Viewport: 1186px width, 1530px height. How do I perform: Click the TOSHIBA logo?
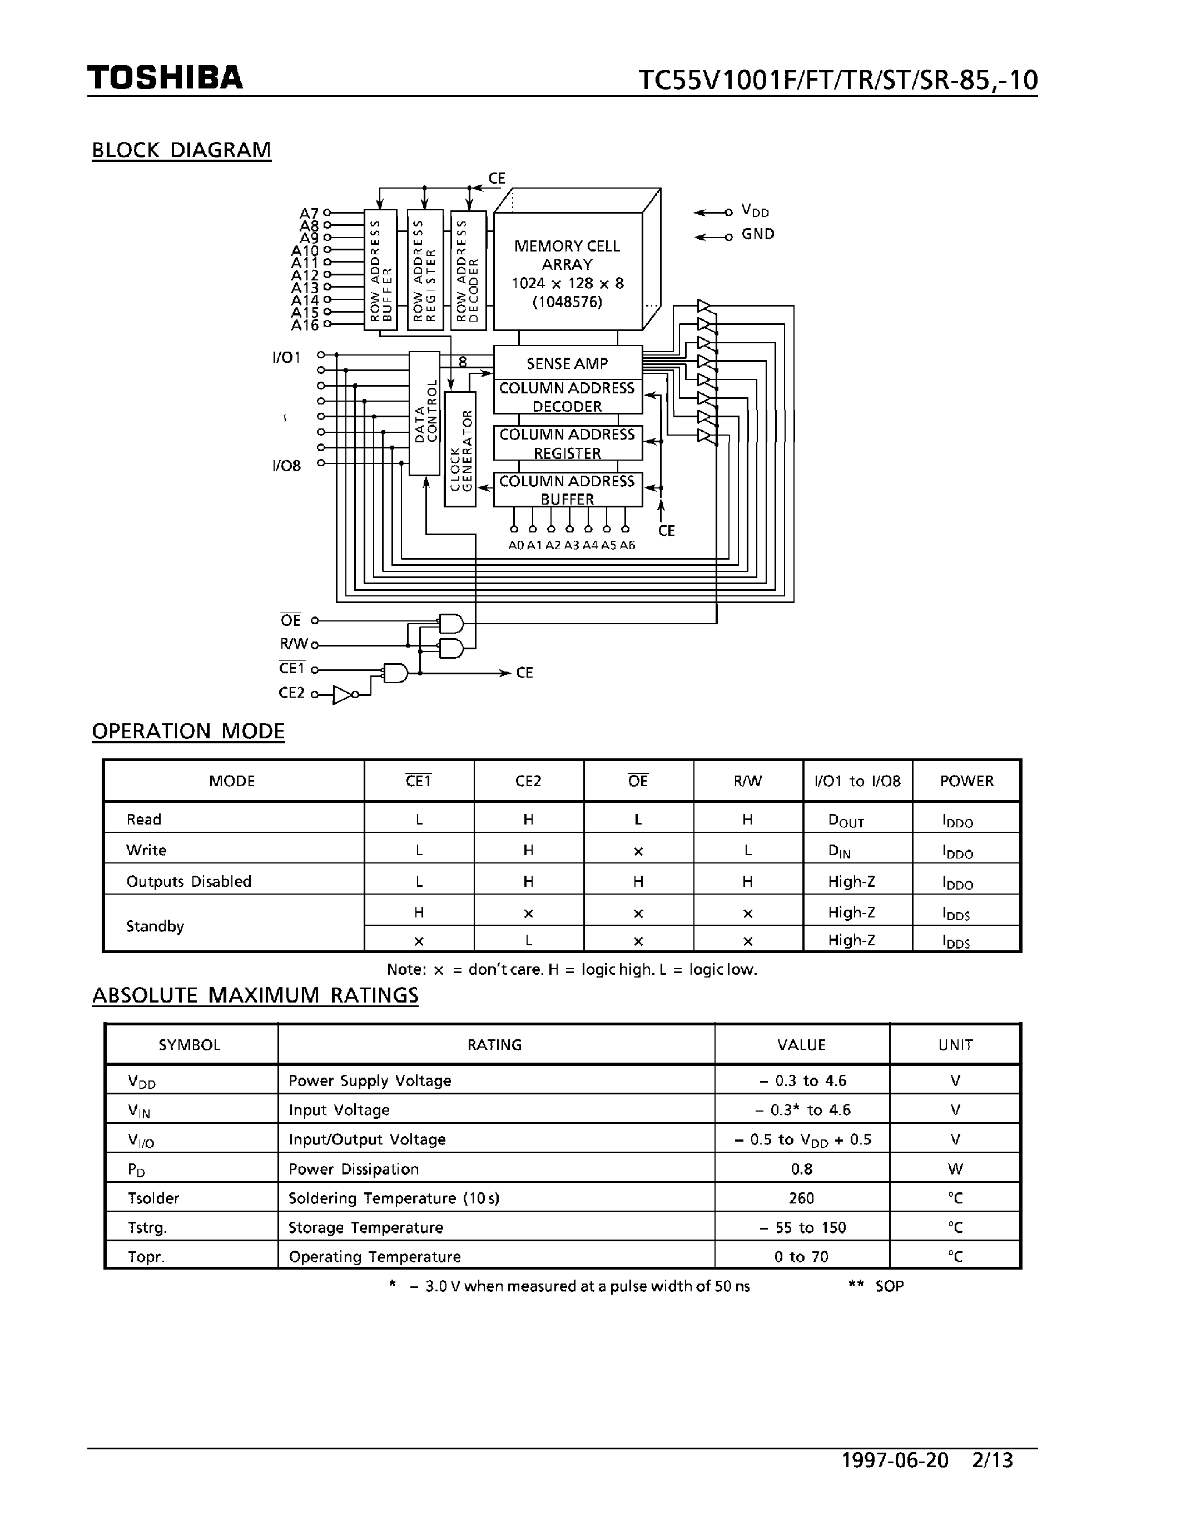(x=165, y=77)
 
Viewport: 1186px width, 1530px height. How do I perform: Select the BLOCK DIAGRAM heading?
(x=181, y=150)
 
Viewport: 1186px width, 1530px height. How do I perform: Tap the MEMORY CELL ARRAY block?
(x=567, y=273)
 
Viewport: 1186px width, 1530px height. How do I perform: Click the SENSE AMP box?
(x=567, y=363)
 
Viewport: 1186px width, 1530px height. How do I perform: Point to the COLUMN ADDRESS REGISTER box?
(x=567, y=443)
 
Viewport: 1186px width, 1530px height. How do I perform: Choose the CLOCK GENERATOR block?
(x=460, y=449)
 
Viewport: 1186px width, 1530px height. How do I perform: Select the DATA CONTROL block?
(x=424, y=413)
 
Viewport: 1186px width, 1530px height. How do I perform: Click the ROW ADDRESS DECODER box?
(x=468, y=270)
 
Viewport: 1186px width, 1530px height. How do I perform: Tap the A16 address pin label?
(x=305, y=325)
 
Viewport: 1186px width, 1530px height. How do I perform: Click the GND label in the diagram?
(x=757, y=234)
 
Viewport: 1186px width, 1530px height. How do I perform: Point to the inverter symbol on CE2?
(x=343, y=695)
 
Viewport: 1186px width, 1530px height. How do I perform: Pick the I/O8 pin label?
(x=286, y=466)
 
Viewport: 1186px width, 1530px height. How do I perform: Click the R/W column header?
(x=748, y=781)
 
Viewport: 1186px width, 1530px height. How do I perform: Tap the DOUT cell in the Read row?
(x=846, y=820)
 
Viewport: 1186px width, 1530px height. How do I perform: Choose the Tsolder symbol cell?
(x=153, y=1198)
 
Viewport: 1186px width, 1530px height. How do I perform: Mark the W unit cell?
(x=955, y=1169)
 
